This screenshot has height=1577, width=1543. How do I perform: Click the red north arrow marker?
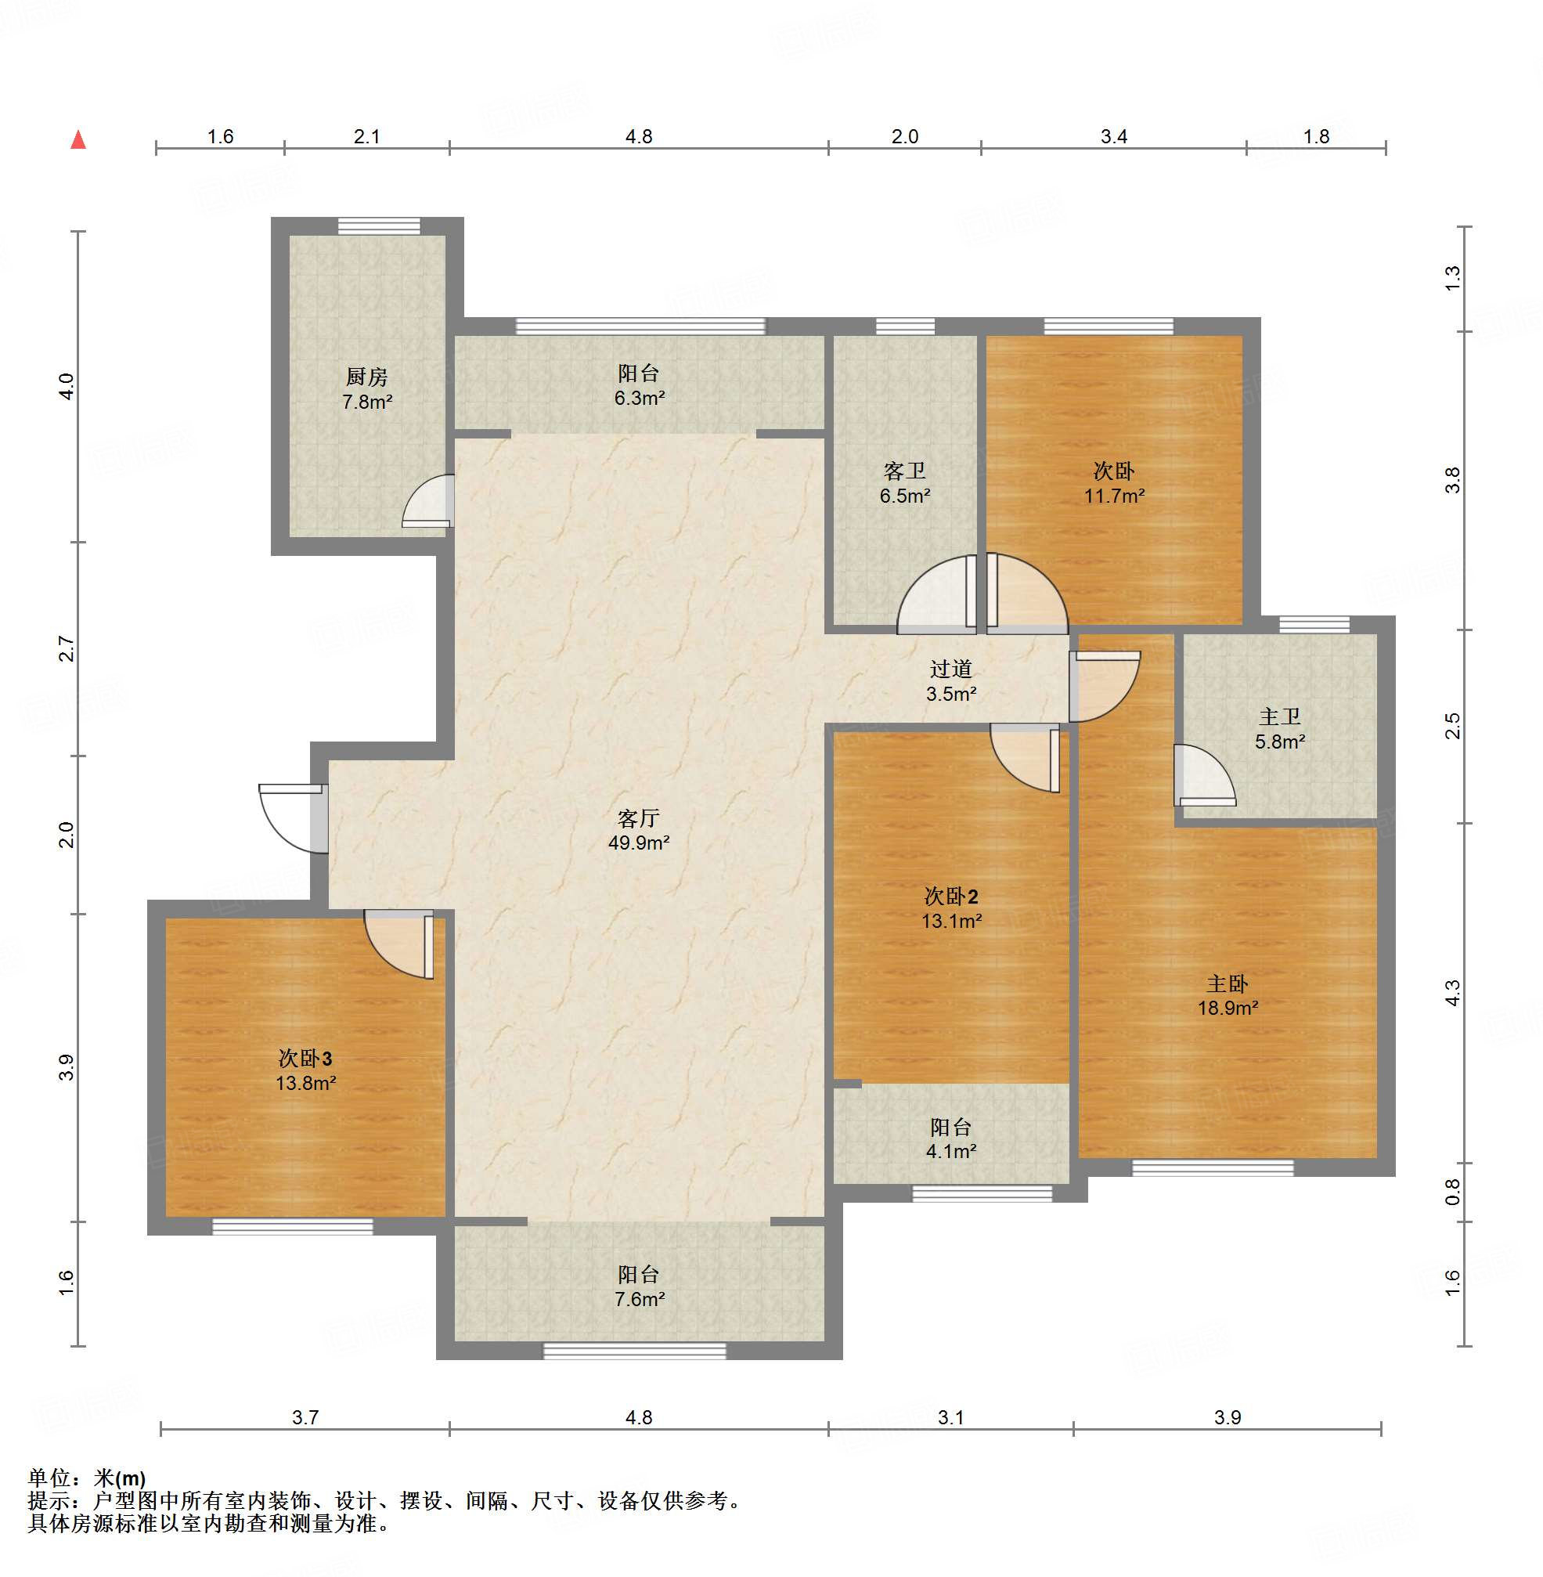coord(78,139)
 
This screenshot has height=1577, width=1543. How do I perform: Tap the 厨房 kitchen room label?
coord(367,377)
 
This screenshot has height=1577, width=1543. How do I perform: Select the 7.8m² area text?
coord(367,402)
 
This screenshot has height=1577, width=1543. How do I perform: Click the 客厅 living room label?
coord(639,818)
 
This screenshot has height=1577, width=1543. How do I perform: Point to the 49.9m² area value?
coord(639,843)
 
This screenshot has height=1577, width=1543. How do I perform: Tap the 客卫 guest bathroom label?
coord(904,471)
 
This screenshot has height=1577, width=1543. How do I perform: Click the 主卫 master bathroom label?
coord(1280,716)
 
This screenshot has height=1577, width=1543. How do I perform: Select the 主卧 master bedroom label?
coord(1227,983)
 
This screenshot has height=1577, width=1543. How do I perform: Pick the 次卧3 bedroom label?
coord(305,1059)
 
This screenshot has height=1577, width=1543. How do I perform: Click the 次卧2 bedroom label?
coord(951,897)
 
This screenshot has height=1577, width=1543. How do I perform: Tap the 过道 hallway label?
coord(950,669)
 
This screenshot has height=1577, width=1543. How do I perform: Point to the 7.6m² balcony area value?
coord(640,1300)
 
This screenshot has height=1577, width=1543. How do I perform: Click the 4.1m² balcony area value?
coord(951,1152)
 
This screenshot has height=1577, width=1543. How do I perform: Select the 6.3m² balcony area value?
coord(640,398)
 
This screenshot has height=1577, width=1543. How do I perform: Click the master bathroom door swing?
coord(1204,775)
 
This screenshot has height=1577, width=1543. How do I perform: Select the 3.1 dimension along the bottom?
coord(950,1417)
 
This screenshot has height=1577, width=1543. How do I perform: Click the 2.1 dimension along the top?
coord(367,136)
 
